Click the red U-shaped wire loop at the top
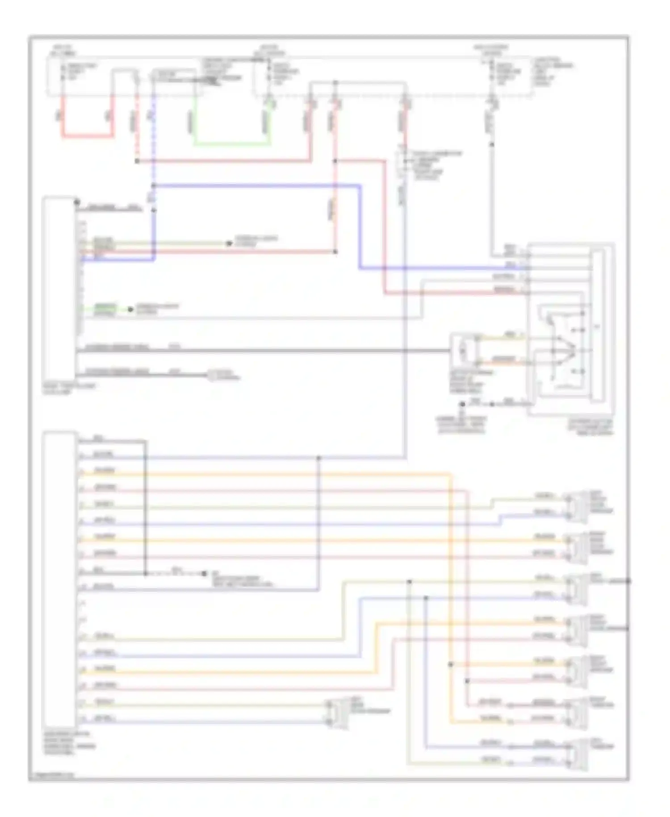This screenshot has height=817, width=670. [87, 136]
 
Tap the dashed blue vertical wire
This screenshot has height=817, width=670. [153, 134]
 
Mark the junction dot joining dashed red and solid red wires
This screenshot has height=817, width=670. [137, 161]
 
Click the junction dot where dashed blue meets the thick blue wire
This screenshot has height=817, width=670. [153, 185]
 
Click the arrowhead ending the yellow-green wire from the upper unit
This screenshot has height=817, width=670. [229, 244]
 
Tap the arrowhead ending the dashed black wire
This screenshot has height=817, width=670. [205, 573]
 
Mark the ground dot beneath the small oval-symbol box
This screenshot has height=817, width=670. [463, 404]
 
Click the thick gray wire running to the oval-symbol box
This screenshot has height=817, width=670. [268, 351]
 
